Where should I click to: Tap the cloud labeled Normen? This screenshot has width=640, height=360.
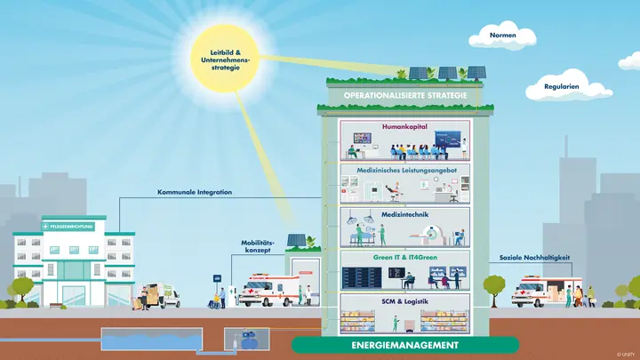click(502, 37)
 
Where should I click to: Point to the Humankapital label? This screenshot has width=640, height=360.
click(404, 126)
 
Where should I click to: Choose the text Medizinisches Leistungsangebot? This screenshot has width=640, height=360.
click(404, 169)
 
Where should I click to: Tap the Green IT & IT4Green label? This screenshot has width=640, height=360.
click(404, 256)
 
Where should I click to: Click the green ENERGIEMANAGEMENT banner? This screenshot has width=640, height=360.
click(404, 344)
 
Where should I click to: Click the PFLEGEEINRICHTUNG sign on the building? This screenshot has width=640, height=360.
click(71, 227)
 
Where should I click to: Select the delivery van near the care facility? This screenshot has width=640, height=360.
click(162, 294)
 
